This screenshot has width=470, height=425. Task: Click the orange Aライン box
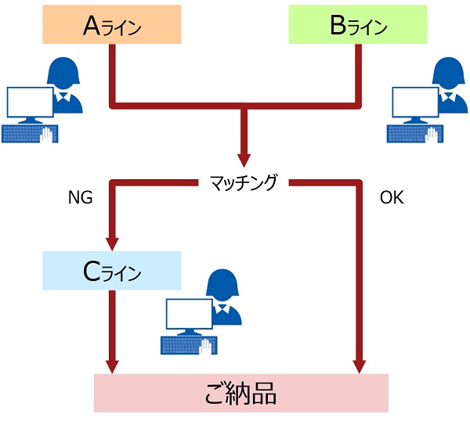[111, 25]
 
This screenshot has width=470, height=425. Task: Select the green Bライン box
[358, 25]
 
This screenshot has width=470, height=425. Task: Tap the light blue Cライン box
[111, 272]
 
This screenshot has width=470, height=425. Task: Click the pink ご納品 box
[241, 393]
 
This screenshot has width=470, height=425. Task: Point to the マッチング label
[244, 183]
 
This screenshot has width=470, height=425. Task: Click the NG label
[81, 198]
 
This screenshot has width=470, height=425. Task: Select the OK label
[391, 198]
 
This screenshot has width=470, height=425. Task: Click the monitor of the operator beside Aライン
[29, 103]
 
